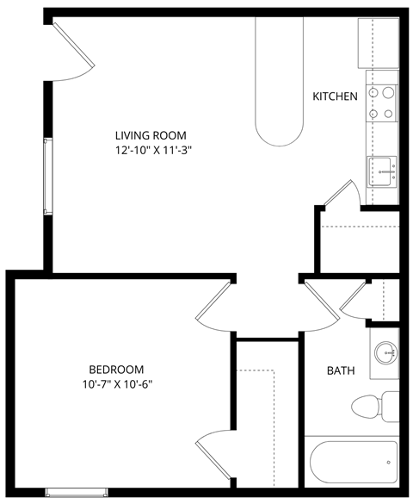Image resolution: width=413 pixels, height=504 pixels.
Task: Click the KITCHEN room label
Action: tap(335, 96)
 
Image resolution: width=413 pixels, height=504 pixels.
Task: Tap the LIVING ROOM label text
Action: tap(151, 135)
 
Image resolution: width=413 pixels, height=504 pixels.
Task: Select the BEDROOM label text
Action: tap(115, 369)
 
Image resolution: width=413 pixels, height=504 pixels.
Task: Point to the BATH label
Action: tap(341, 371)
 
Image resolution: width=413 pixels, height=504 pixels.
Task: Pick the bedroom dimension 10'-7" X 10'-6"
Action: tap(115, 384)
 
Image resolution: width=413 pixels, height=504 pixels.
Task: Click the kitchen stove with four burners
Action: tap(382, 103)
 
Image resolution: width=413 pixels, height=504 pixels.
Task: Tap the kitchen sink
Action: tap(381, 171)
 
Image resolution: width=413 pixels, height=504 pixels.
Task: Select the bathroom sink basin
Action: tap(385, 352)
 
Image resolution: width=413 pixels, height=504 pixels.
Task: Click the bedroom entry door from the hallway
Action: tap(214, 301)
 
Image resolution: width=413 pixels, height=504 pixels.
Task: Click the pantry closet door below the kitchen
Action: tap(341, 196)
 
